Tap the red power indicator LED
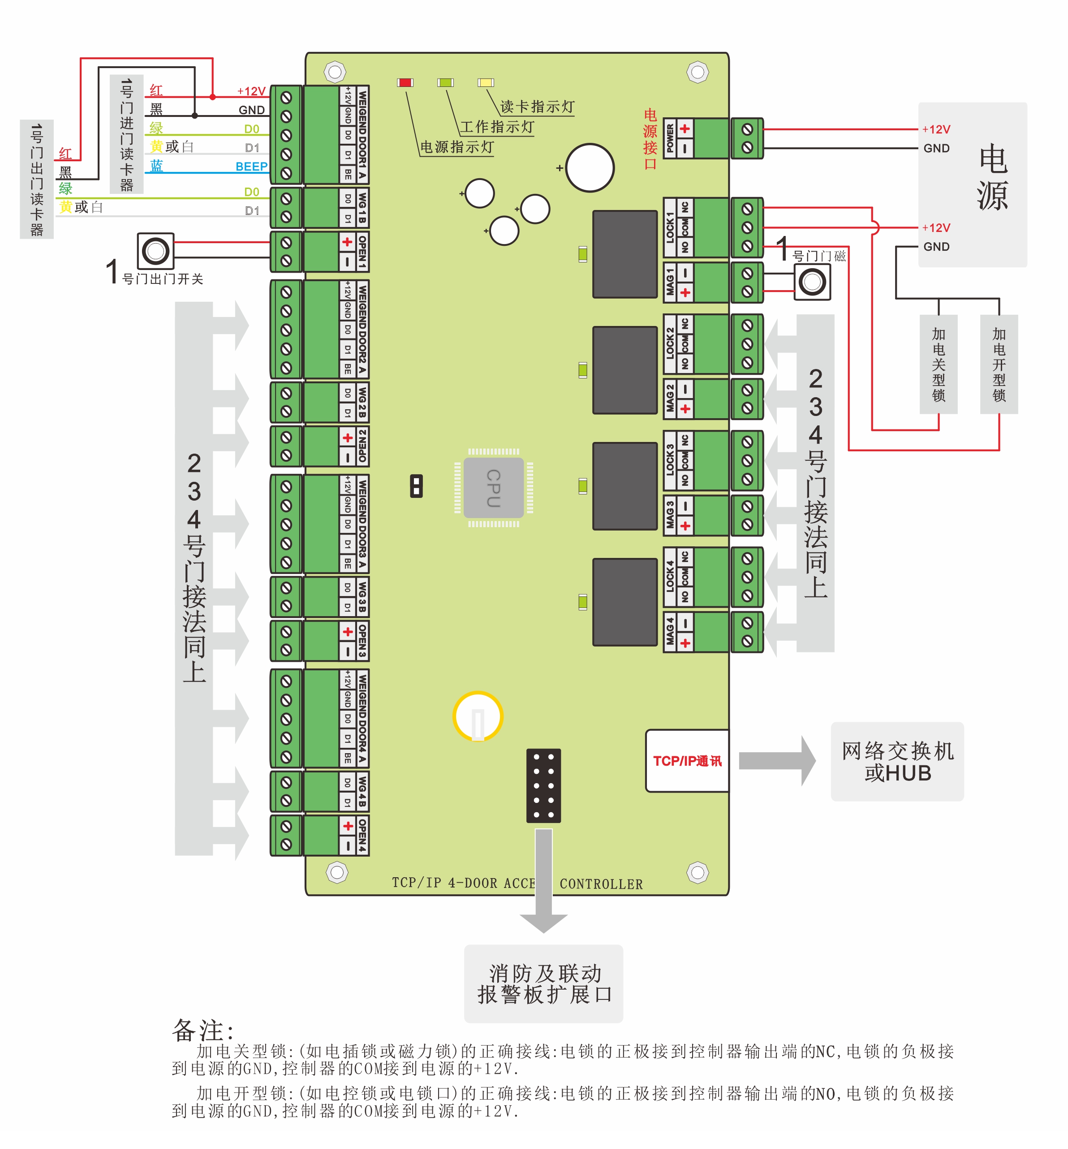[405, 82]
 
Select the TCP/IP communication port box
[687, 760]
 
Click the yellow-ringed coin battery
[478, 716]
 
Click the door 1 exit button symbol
[155, 251]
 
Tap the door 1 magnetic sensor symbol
[812, 282]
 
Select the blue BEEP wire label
[251, 167]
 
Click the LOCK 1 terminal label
[670, 227]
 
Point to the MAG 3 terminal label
[670, 514]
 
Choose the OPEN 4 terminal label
[362, 835]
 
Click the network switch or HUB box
[897, 761]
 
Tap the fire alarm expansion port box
[543, 983]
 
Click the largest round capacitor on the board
[590, 167]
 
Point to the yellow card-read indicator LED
[486, 82]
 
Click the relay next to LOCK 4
[625, 601]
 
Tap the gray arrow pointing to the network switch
[777, 760]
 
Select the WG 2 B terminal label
[362, 402]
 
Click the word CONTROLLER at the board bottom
[601, 884]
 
